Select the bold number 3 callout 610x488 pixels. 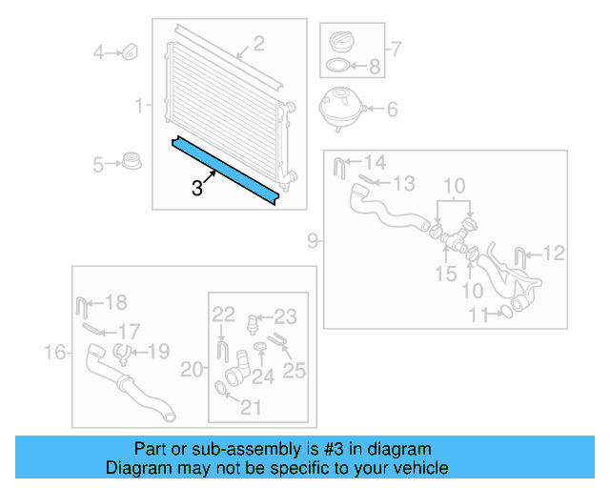(197, 188)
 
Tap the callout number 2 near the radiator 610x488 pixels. (257, 43)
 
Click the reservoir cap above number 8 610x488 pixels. (341, 41)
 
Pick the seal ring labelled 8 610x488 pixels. (337, 67)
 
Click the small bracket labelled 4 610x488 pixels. (131, 51)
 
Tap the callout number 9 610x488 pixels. (313, 241)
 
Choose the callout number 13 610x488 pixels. (404, 182)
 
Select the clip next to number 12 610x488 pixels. (521, 255)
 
